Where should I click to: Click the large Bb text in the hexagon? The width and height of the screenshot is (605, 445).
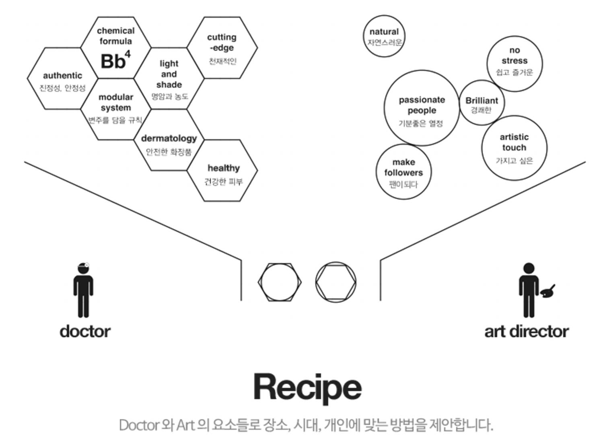tap(113, 62)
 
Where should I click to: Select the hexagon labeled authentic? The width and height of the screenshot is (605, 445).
tap(62, 79)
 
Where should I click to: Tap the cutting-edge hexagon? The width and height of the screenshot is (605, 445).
tap(222, 48)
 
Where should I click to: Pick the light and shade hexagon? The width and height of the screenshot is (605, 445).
tap(169, 79)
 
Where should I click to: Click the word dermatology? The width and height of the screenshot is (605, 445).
tap(169, 138)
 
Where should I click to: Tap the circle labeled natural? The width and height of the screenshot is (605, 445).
tap(384, 36)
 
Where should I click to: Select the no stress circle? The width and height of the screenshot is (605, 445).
tap(514, 64)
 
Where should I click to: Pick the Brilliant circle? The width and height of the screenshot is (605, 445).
tap(482, 103)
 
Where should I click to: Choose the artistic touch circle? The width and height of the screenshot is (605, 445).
tap(514, 147)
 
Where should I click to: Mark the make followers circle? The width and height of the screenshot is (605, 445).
tap(403, 172)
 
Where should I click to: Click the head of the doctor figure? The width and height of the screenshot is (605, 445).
tap(83, 268)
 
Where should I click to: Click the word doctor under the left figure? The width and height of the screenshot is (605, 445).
tap(85, 332)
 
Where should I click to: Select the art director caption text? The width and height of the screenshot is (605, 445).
tap(527, 332)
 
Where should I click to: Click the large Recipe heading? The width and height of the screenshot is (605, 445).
tap(307, 387)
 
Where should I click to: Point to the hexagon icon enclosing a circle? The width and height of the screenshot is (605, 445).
tap(280, 282)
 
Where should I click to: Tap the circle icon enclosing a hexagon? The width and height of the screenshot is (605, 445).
tap(335, 282)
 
